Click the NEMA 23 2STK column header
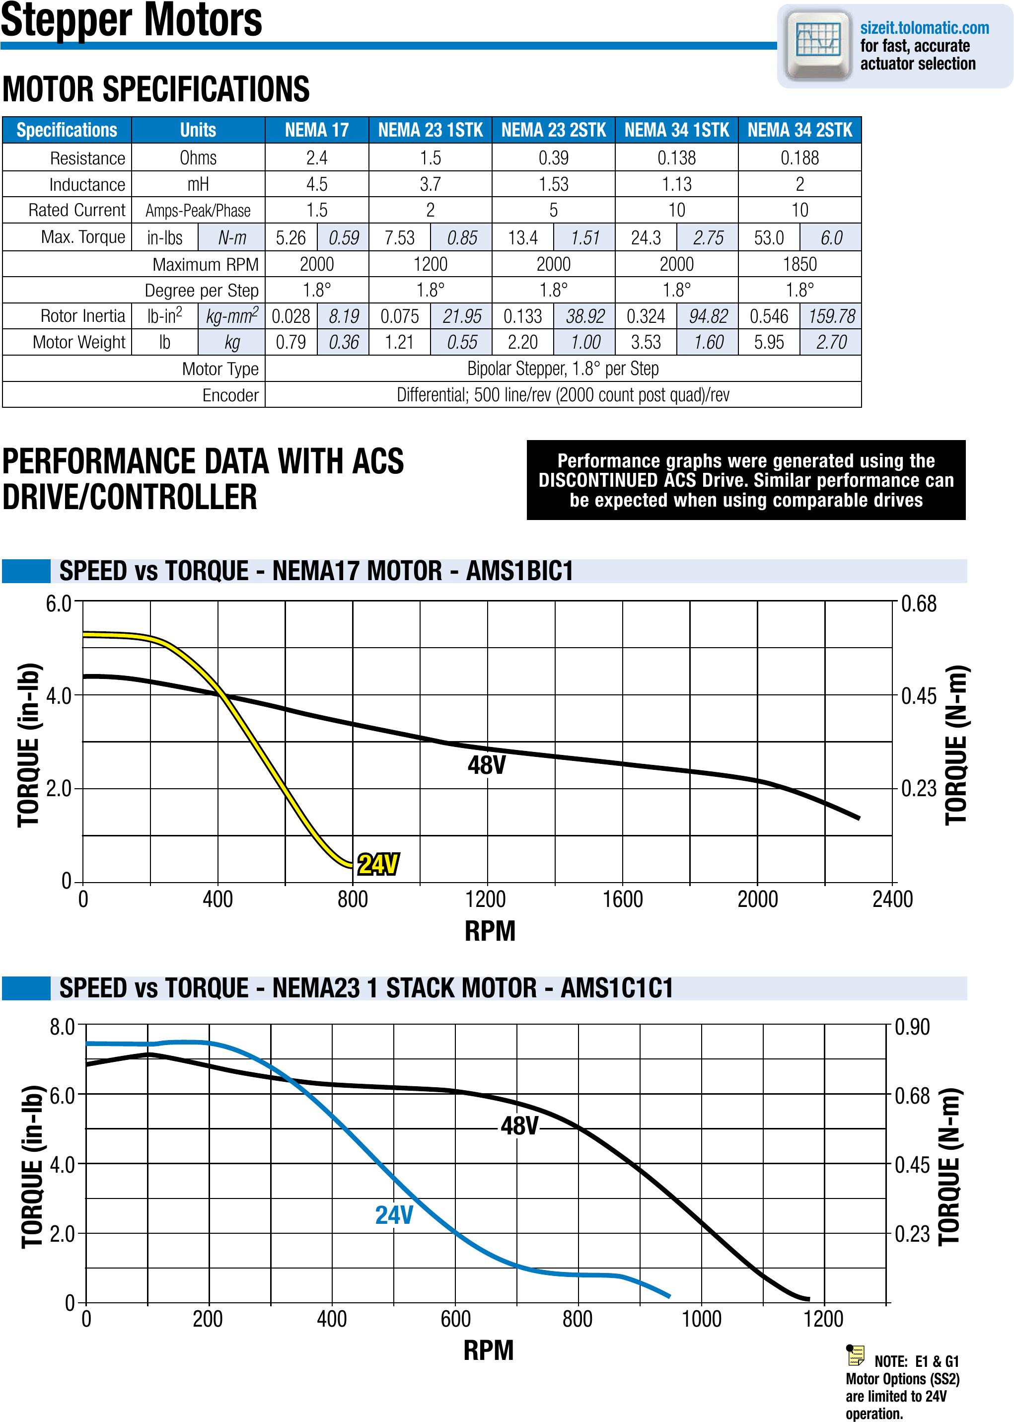(x=553, y=130)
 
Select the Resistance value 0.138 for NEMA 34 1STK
(x=676, y=157)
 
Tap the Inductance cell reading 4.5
(x=316, y=184)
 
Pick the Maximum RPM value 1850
(x=799, y=264)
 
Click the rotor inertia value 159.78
(x=831, y=316)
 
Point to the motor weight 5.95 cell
(x=769, y=342)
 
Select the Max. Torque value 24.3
(x=646, y=238)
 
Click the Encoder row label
(x=230, y=395)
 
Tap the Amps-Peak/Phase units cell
(x=198, y=211)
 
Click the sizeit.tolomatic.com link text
(x=924, y=28)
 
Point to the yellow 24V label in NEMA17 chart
(x=378, y=864)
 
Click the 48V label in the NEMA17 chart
(x=487, y=765)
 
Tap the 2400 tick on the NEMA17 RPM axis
(x=892, y=899)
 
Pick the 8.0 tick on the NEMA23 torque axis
(x=62, y=1027)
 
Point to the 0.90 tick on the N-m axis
(x=912, y=1027)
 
